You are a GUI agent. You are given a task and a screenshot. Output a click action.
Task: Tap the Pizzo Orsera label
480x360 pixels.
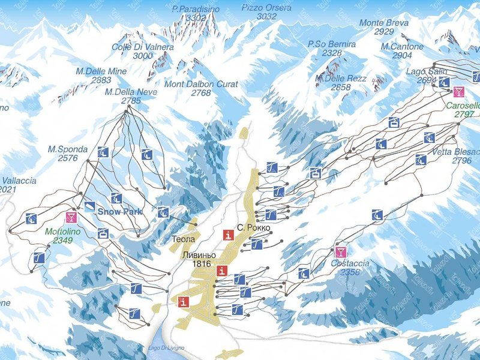click(x=266, y=8)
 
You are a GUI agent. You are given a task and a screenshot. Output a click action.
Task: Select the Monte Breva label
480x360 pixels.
click(x=384, y=23)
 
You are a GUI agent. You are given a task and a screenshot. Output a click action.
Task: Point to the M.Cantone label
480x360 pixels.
click(x=402, y=46)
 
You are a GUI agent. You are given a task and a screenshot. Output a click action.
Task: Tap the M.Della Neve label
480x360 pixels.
click(x=131, y=92)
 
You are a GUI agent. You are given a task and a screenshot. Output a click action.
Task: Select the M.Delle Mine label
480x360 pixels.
click(x=101, y=71)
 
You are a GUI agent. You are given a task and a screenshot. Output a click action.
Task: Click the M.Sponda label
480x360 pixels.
click(x=68, y=149)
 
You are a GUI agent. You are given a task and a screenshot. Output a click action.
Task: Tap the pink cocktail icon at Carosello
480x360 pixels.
click(x=459, y=92)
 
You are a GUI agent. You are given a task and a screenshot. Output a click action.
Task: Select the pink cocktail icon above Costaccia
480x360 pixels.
click(x=341, y=251)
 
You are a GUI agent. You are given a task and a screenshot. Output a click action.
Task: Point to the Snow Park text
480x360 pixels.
click(x=119, y=212)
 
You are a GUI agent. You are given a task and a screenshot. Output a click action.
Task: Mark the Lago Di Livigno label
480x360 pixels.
click(x=166, y=348)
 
